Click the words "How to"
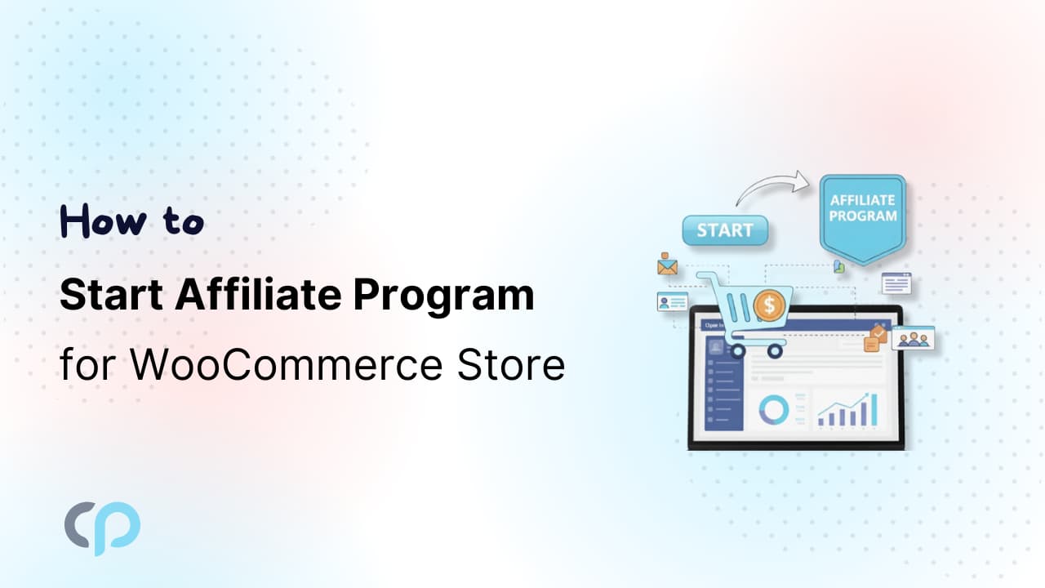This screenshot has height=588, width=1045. click(x=131, y=221)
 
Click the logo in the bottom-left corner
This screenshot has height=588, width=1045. click(x=102, y=528)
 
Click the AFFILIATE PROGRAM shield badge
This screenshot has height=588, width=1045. click(x=863, y=215)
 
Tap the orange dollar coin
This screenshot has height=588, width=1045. click(x=768, y=306)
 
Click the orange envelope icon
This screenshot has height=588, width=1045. click(x=668, y=266)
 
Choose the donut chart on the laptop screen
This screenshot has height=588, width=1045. click(x=772, y=409)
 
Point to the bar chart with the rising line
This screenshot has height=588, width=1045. click(x=847, y=408)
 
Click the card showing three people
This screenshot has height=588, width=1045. click(x=912, y=337)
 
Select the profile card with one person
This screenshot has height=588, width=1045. click(x=672, y=302)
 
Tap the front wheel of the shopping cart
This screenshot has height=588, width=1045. click(x=738, y=350)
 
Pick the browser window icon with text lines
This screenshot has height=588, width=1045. click(x=896, y=283)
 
